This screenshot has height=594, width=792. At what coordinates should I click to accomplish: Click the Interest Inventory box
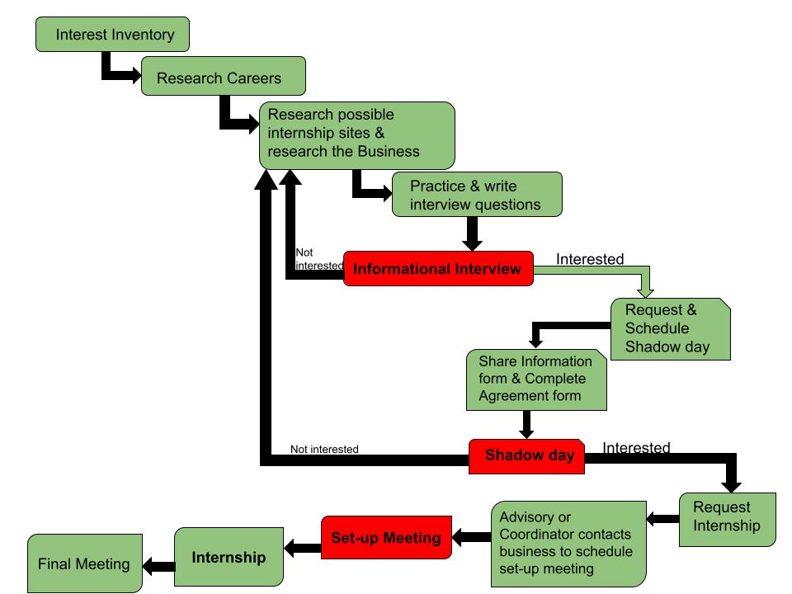[113, 35]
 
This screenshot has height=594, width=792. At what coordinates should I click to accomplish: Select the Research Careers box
[224, 76]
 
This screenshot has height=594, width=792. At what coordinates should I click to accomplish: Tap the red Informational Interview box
[438, 269]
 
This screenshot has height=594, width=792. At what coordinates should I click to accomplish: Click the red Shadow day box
[527, 456]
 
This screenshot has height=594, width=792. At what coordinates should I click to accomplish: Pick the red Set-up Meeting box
[386, 537]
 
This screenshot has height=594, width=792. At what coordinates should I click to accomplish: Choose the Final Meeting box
[85, 563]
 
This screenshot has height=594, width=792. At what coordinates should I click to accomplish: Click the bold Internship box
[229, 557]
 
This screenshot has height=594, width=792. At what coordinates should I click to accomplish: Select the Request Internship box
[728, 520]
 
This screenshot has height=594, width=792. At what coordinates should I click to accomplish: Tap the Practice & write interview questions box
[477, 195]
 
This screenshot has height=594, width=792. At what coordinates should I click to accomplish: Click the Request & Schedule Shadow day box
[671, 329]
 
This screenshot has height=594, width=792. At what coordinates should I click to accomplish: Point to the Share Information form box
[536, 379]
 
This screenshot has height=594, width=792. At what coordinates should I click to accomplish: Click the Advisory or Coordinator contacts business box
[568, 544]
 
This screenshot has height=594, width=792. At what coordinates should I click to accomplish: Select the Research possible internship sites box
[357, 135]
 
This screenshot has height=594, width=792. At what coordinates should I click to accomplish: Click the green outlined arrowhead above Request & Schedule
[645, 293]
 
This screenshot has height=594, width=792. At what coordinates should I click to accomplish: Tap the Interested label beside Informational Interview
[590, 259]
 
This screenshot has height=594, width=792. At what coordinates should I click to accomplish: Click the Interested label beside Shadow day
[636, 447]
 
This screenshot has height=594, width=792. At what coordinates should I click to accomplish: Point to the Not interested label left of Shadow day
[324, 449]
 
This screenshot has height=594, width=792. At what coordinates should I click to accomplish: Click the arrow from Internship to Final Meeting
[158, 566]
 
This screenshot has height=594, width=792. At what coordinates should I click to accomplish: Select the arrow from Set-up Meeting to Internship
[303, 548]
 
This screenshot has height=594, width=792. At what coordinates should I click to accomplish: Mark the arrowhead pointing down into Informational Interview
[472, 246]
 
